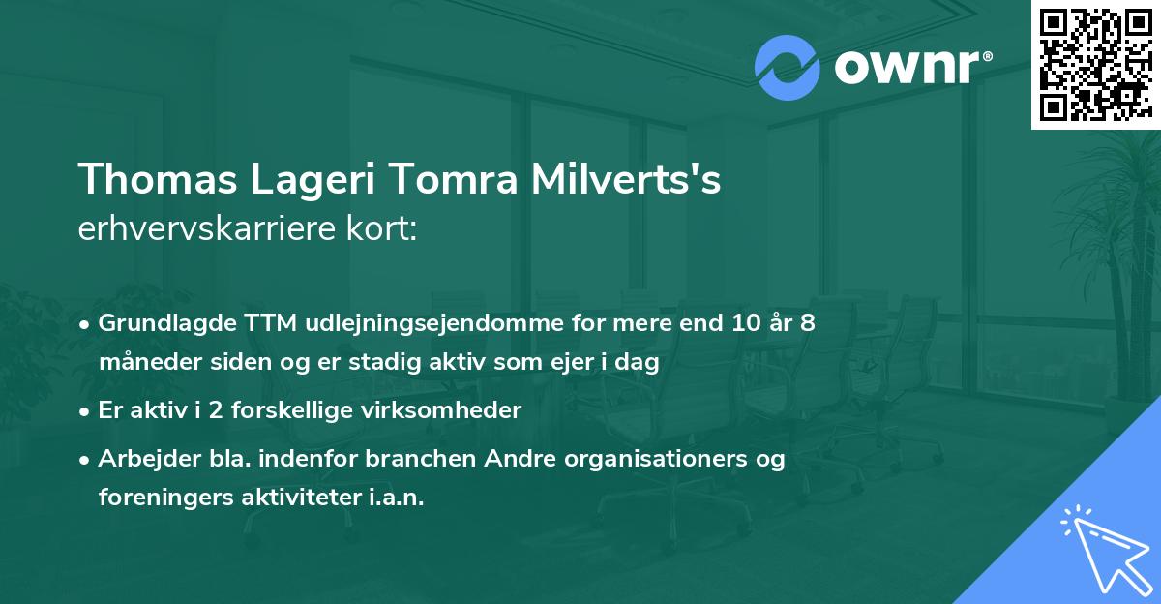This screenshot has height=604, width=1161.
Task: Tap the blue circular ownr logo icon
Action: tap(788, 67)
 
